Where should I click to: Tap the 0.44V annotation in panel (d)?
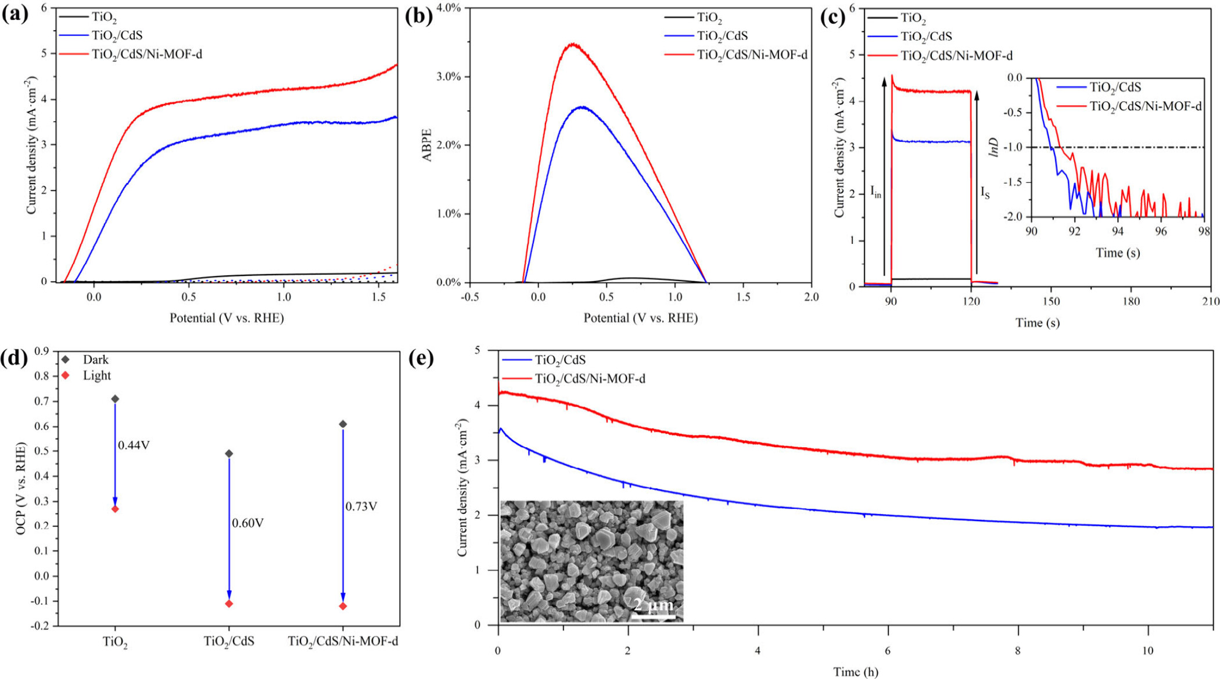134,445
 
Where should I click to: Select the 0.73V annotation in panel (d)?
361,506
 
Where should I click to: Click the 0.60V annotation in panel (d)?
247,523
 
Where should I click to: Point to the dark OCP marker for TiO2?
115,399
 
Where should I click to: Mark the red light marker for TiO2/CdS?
229,603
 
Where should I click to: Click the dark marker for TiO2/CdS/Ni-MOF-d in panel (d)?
343,424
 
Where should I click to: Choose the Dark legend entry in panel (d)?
95,360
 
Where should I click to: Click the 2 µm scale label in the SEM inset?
654,605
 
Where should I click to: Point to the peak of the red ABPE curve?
573,44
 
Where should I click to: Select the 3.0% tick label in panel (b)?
448,77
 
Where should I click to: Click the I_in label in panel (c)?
875,192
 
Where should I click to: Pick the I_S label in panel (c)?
985,192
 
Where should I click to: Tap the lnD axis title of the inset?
994,147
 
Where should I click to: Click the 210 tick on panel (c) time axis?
1211,301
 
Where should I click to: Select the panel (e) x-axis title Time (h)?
855,671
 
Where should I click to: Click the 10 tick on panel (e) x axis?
1147,651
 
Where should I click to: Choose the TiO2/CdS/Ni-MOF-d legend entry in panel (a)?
147,55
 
